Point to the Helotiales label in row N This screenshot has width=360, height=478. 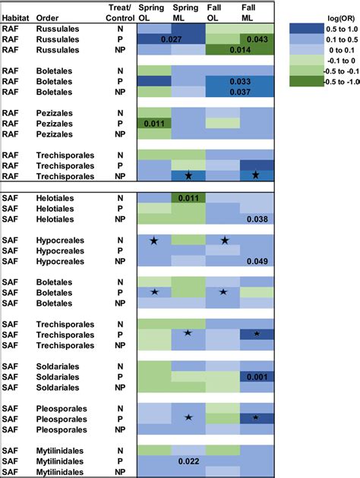60,198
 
